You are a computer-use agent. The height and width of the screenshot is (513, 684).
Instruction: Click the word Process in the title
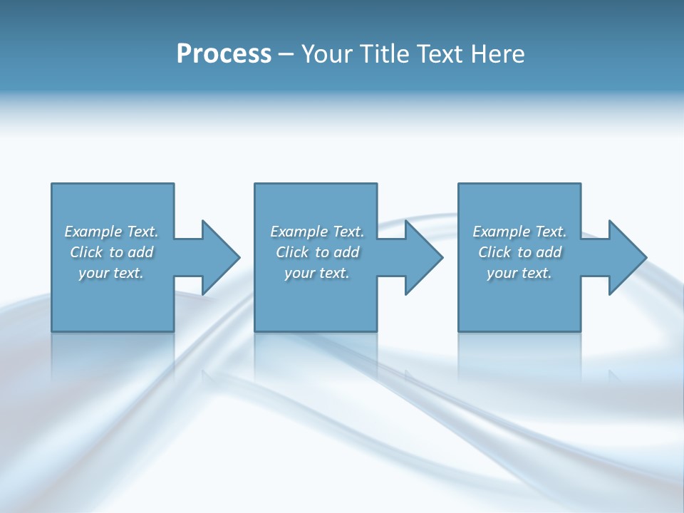pyautogui.click(x=224, y=54)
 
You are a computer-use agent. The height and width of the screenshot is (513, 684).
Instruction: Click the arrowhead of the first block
pyautogui.click(x=221, y=257)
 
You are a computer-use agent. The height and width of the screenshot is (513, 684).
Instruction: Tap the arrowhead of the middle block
pyautogui.click(x=425, y=257)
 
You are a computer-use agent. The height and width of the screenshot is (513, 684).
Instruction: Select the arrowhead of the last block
pyautogui.click(x=628, y=257)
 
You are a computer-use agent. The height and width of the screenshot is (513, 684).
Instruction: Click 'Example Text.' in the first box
pyautogui.click(x=111, y=232)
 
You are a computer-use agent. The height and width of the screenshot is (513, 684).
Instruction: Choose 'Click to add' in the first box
pyautogui.click(x=111, y=252)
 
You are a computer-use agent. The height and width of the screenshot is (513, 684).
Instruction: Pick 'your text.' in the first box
pyautogui.click(x=111, y=273)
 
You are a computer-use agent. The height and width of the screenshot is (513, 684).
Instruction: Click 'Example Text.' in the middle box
pyautogui.click(x=316, y=232)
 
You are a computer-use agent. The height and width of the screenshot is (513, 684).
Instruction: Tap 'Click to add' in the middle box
pyautogui.click(x=316, y=252)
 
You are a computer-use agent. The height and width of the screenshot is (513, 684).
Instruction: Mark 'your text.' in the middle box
pyautogui.click(x=316, y=273)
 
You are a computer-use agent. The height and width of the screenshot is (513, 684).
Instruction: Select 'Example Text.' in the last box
pyautogui.click(x=519, y=232)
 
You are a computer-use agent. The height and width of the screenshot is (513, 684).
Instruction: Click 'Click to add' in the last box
pyautogui.click(x=519, y=252)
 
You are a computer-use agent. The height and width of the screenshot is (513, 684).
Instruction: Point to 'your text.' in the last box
pyautogui.click(x=519, y=273)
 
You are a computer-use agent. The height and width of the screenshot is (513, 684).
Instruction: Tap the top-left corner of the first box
pyautogui.click(x=52, y=185)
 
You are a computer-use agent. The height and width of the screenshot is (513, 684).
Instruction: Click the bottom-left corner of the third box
pyautogui.click(x=459, y=331)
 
